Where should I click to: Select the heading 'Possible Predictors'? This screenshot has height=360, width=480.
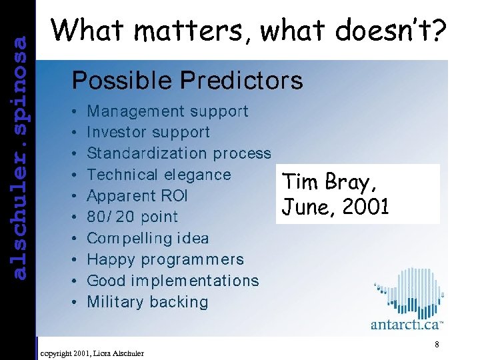187,81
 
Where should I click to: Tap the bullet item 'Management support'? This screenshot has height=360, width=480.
167,111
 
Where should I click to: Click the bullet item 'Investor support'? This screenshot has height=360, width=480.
148,133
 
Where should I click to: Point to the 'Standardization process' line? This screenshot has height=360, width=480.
179,153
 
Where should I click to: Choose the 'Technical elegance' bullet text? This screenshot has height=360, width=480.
159,175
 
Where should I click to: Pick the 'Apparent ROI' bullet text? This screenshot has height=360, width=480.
137,196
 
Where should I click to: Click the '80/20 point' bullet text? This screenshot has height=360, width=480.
132,217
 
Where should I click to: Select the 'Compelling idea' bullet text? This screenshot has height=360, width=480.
147,238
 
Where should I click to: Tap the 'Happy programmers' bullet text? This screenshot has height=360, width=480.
165,259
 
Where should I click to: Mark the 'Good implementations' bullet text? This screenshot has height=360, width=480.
173,281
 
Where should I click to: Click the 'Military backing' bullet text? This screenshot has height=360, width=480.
147,302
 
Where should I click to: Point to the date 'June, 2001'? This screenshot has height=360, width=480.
335,207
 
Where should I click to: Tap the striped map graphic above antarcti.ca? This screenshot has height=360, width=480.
409,289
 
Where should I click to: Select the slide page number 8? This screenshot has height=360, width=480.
436,345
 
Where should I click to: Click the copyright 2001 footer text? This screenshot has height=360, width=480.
92,352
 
